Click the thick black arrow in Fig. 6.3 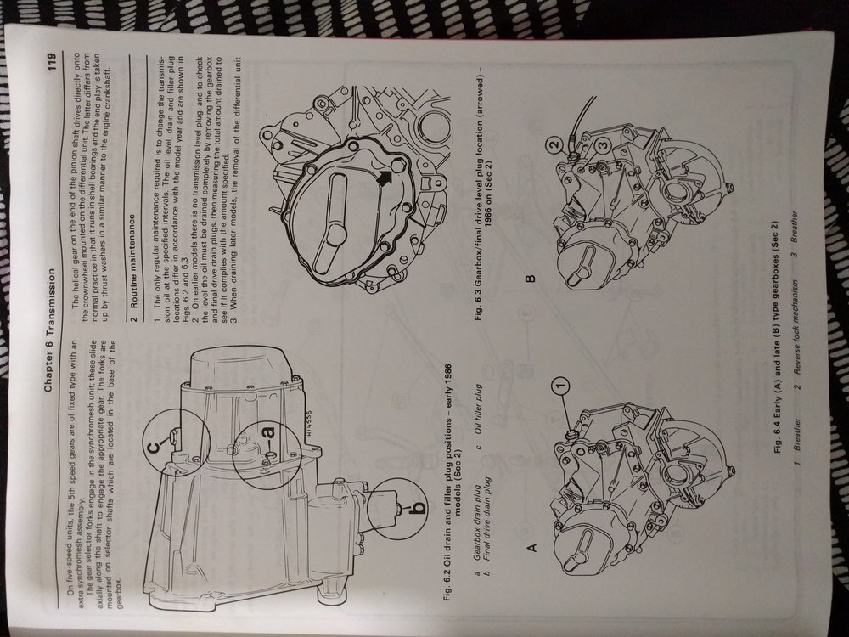385,178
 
